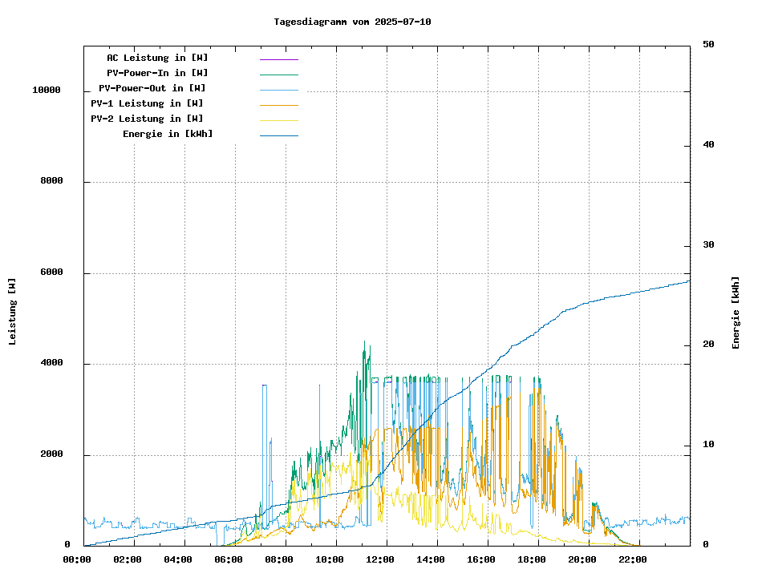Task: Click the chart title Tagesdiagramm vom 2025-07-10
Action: point(352,22)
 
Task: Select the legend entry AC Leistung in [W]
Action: point(157,58)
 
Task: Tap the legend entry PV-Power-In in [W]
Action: point(157,73)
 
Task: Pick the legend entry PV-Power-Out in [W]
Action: point(152,88)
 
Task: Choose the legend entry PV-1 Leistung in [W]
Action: point(147,103)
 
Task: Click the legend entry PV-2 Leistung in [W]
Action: point(147,119)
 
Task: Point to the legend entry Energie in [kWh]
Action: point(168,134)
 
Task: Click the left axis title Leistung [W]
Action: point(13,312)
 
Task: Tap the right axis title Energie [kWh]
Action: point(736,313)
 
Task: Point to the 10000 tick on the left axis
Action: point(47,91)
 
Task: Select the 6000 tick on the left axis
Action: point(51,272)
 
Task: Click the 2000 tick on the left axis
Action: point(51,454)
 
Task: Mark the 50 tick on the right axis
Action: point(708,45)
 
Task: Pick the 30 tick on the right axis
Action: point(708,245)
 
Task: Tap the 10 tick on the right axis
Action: point(708,445)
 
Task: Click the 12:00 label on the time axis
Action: point(380,559)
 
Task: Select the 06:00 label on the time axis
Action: point(229,559)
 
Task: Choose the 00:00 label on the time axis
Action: point(77,559)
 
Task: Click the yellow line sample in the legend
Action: point(278,120)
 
